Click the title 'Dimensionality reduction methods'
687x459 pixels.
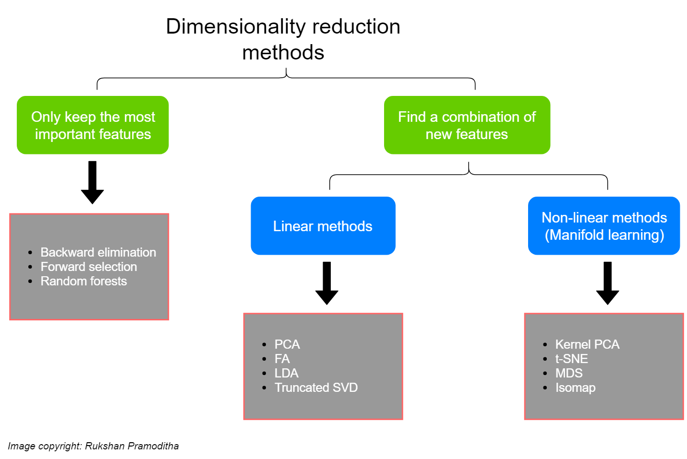click(x=283, y=39)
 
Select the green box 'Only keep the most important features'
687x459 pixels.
click(x=93, y=125)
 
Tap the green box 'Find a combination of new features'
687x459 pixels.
click(x=467, y=125)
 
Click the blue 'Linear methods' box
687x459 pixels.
click(x=323, y=226)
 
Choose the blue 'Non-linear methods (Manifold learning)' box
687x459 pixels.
click(x=604, y=226)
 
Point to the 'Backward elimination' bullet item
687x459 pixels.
click(x=98, y=252)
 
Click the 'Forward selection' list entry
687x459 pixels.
click(x=88, y=267)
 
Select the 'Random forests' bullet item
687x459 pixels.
click(x=84, y=281)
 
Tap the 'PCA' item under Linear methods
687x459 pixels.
click(x=287, y=344)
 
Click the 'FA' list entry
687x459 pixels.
click(x=282, y=359)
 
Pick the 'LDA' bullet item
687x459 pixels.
click(x=286, y=373)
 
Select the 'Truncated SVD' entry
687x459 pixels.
click(x=316, y=388)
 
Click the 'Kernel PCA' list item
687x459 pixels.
click(x=587, y=344)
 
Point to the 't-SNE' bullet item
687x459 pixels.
click(x=571, y=359)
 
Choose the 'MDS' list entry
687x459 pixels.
click(x=568, y=373)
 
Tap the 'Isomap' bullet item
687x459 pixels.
click(x=575, y=388)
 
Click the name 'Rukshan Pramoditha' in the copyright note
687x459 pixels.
click(x=132, y=446)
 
